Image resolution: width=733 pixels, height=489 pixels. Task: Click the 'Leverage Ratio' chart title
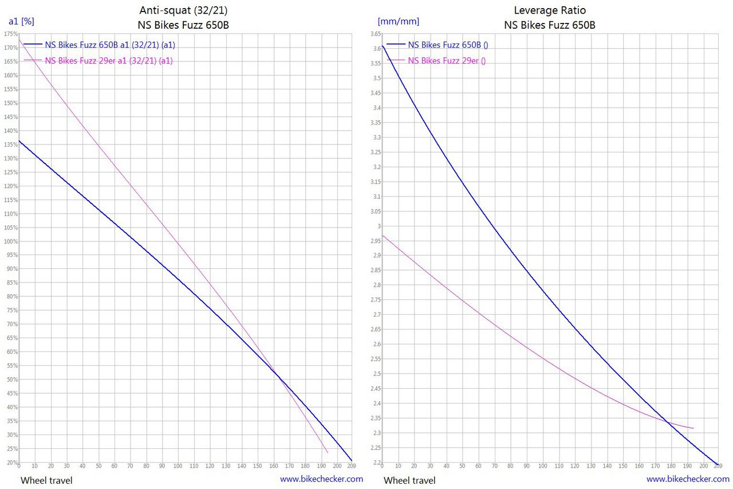(x=549, y=10)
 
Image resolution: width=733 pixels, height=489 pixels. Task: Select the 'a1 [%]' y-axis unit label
(x=21, y=22)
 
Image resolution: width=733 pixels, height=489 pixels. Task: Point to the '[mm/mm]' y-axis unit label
(x=398, y=22)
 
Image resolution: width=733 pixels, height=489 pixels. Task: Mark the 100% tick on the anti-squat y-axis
(x=11, y=241)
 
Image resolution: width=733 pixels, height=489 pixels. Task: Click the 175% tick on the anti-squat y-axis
(x=11, y=34)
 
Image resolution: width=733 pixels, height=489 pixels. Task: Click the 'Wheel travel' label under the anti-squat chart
(x=46, y=480)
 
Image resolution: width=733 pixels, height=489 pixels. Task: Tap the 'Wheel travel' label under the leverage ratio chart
(x=409, y=480)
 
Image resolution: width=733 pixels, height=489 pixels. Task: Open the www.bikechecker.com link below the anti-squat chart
(x=321, y=479)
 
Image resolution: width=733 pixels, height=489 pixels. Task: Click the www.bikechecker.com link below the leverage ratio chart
(x=688, y=479)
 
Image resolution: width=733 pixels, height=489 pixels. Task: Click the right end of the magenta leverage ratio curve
(x=693, y=428)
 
